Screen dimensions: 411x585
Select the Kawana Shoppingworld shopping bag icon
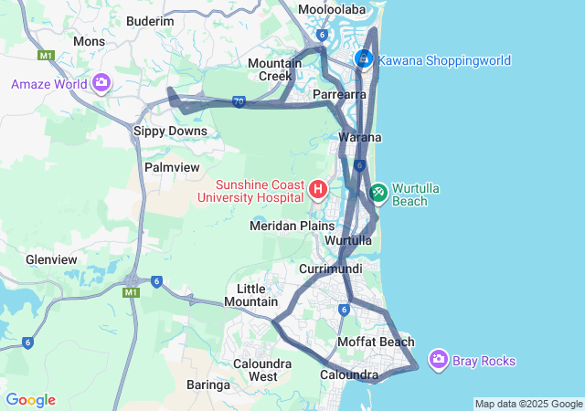[364, 59]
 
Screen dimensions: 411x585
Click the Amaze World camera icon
[101, 84]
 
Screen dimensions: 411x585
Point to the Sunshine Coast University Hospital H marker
[318, 190]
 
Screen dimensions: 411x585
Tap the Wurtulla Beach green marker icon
[378, 194]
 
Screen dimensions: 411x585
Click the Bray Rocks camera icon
[439, 360]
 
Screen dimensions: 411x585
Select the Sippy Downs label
[171, 131]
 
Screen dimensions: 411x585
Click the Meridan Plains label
[292, 226]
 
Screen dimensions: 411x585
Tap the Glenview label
[52, 259]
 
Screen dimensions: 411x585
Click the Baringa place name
[208, 385]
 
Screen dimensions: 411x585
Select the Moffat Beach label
[376, 342]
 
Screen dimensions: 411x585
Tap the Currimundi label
[331, 269]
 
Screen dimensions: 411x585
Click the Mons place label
[89, 41]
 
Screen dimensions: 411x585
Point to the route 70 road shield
[239, 102]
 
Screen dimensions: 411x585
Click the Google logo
[30, 400]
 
